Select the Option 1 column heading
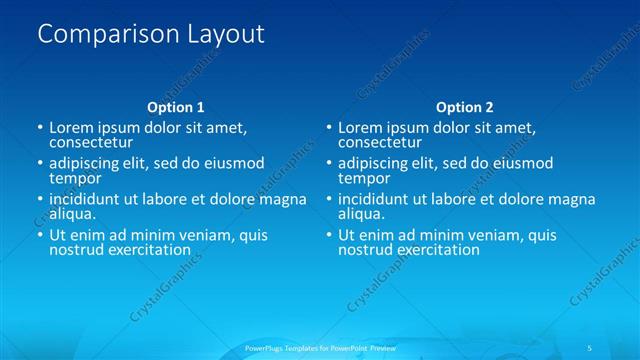click(176, 107)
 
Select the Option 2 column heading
click(464, 107)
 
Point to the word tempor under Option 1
click(75, 178)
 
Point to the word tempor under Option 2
click(364, 178)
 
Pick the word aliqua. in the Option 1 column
click(73, 214)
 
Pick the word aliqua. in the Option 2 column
click(362, 214)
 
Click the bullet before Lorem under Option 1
click(40, 128)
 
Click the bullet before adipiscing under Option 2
click(329, 164)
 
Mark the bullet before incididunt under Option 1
click(40, 200)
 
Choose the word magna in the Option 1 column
click(283, 199)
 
